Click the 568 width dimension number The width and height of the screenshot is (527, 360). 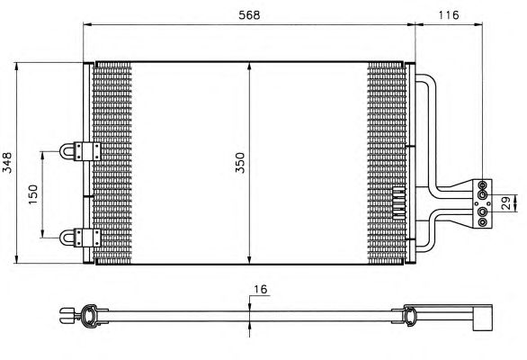click(x=249, y=15)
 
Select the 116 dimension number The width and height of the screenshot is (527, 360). click(x=449, y=15)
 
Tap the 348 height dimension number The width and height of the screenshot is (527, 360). click(x=7, y=163)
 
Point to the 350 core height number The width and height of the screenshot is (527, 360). click(x=240, y=163)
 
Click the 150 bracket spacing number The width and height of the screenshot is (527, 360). click(x=33, y=194)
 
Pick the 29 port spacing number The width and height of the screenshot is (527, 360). click(x=506, y=203)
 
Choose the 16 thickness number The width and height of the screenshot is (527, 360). click(x=260, y=289)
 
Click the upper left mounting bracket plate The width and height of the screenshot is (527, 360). click(x=87, y=151)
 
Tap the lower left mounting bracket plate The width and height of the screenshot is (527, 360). click(x=87, y=238)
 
